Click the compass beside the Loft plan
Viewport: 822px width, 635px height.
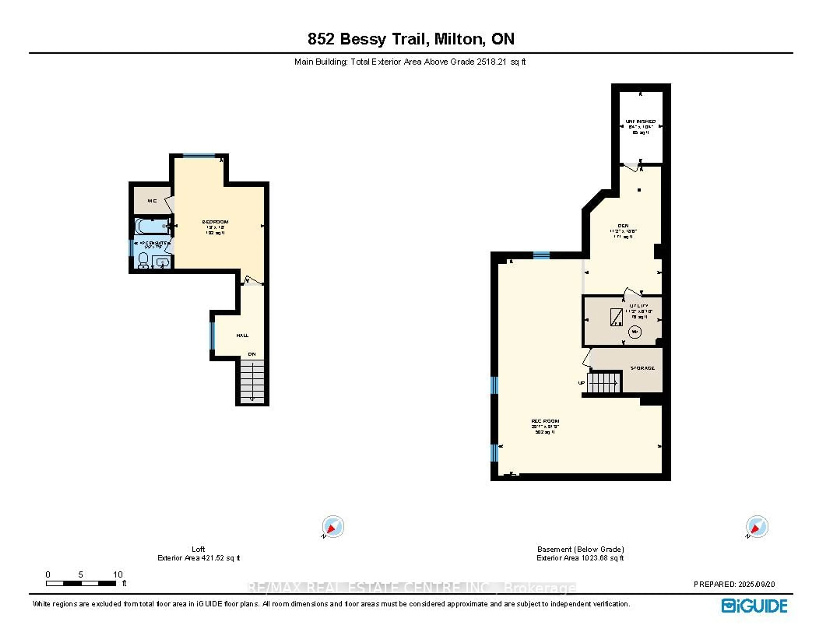pos(333,526)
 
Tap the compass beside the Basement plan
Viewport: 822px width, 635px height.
pos(757,526)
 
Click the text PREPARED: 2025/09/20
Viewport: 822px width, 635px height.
pos(734,584)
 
